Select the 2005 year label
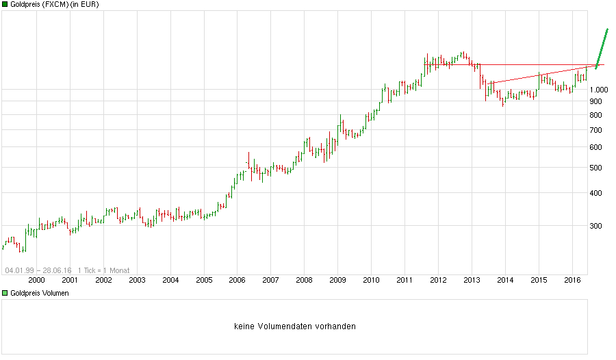click(204, 279)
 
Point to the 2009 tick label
click(337, 279)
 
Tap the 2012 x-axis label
click(438, 279)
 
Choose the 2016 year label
click(572, 279)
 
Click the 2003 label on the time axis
click(137, 279)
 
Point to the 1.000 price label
click(599, 90)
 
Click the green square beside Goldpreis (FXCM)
click(5, 5)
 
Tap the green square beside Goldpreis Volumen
click(5, 293)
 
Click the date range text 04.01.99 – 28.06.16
click(38, 270)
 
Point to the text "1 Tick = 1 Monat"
click(103, 270)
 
